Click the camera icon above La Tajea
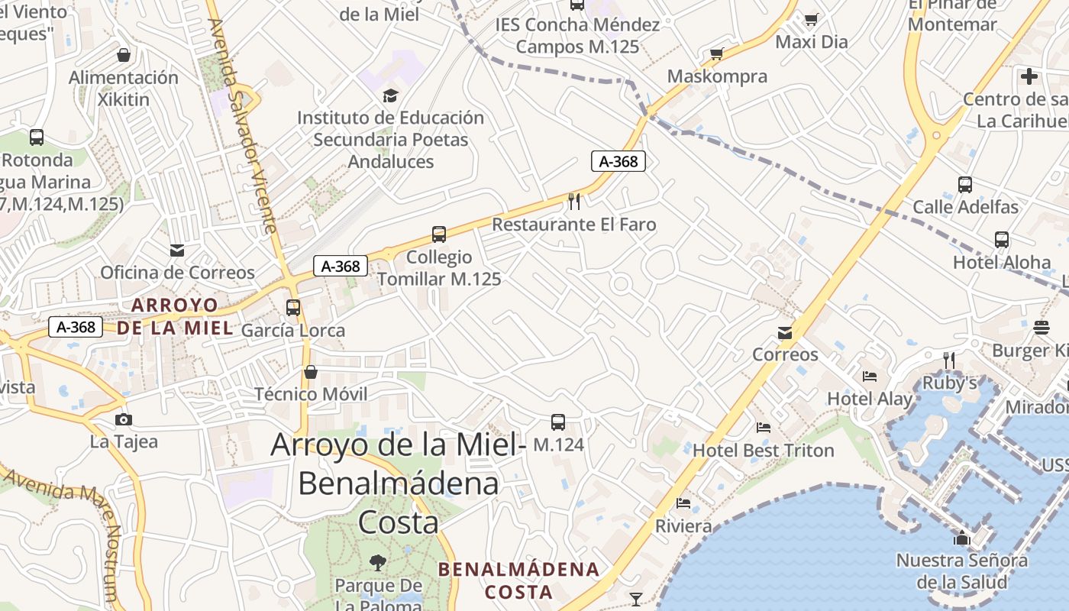[123, 419]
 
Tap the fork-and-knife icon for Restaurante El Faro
[574, 202]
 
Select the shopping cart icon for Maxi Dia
[811, 19]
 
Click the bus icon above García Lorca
[293, 308]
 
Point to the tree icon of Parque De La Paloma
[377, 564]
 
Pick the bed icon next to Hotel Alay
[870, 376]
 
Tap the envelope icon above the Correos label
[785, 333]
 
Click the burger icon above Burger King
[1042, 328]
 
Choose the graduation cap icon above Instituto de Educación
[390, 95]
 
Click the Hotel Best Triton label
[763, 451]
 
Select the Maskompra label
[717, 76]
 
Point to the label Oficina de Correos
[177, 273]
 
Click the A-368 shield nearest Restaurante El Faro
[618, 161]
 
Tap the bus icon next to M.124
[558, 422]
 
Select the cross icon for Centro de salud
[1029, 76]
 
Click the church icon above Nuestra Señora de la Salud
[962, 538]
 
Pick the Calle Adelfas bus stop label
[966, 207]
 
